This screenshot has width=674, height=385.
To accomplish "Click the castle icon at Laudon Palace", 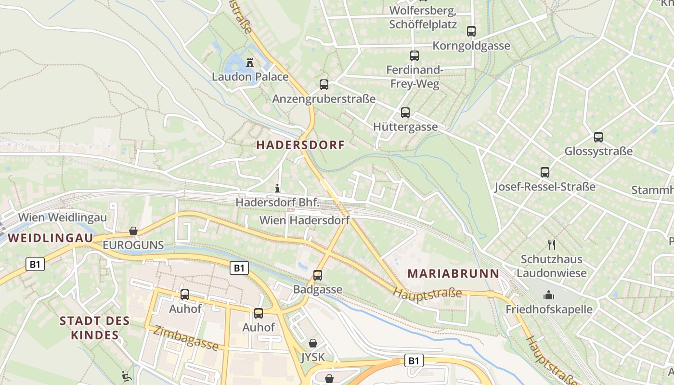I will (x=250, y=63).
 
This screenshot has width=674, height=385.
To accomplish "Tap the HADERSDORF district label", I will (x=300, y=145).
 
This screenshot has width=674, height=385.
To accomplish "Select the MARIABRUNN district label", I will (x=454, y=274).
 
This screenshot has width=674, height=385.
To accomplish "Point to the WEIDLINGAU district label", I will (x=50, y=238).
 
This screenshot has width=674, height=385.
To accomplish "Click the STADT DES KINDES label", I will (x=95, y=328).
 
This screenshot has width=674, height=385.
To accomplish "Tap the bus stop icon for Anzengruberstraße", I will (x=324, y=85).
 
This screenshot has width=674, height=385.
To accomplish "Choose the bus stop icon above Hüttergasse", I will (x=405, y=113).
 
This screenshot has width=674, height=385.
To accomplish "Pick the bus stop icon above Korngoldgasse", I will (x=471, y=31).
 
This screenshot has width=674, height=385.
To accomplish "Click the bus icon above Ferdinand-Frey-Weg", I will (x=415, y=56).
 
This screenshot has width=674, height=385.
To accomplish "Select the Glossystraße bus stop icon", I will (x=598, y=137).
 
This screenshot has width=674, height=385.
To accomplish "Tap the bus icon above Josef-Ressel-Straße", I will (x=545, y=172).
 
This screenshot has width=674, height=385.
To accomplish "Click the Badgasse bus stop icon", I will (x=318, y=275).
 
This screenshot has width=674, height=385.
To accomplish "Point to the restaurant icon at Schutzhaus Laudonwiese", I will (x=552, y=245).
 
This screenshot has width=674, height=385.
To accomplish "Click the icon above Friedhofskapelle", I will (x=549, y=295).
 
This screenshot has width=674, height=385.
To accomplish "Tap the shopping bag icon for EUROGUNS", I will (x=133, y=231).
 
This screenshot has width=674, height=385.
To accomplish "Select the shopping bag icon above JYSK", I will (x=313, y=343).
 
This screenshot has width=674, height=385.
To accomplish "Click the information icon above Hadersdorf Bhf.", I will (x=277, y=188).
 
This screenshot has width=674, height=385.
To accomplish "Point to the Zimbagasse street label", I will (x=186, y=338).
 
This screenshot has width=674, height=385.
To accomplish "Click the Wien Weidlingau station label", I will (x=63, y=217).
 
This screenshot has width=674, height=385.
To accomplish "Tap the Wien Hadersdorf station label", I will (x=304, y=220).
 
